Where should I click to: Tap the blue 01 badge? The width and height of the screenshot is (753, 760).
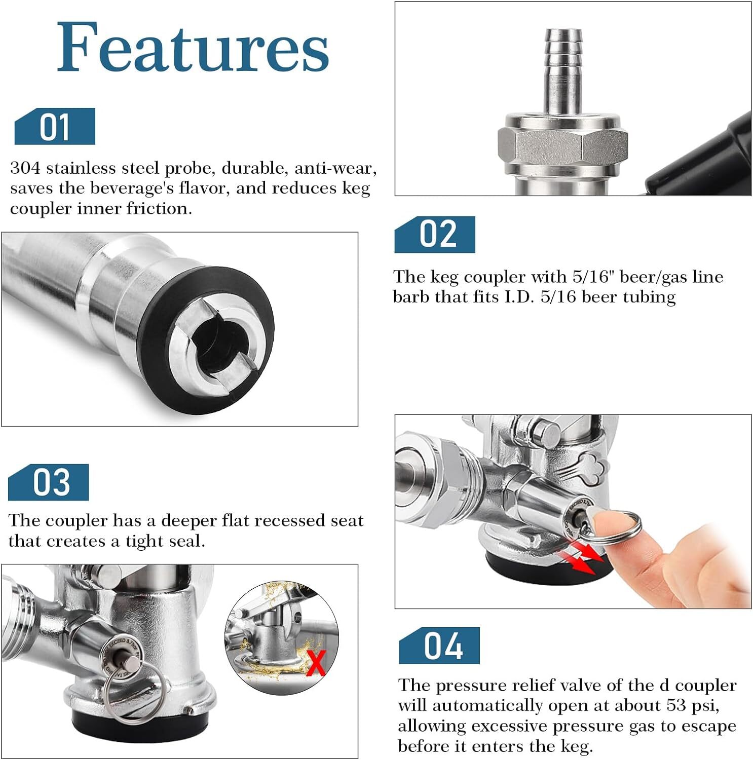(55, 126)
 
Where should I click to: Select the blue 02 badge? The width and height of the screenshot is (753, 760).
(435, 235)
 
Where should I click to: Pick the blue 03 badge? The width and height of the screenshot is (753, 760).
(49, 482)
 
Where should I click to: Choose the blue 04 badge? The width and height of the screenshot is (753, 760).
(439, 645)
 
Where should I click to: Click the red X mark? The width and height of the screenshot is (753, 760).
(316, 664)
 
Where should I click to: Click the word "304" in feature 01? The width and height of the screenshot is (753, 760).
(26, 168)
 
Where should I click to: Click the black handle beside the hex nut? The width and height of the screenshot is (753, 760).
(699, 157)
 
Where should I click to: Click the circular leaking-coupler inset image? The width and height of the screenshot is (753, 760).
(282, 638)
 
